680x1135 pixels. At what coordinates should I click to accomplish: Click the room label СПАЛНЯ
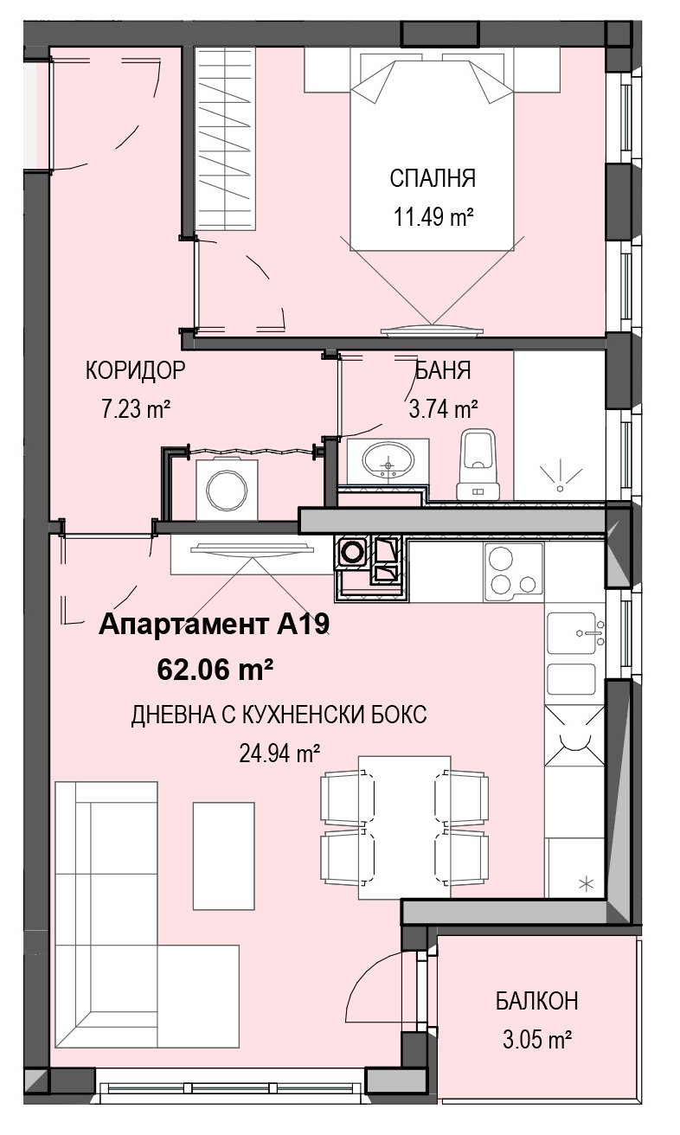[433, 178]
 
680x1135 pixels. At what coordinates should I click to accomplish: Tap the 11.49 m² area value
[433, 217]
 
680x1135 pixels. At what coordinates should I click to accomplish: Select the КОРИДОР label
[135, 370]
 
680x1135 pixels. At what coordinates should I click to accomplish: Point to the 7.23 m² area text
[135, 408]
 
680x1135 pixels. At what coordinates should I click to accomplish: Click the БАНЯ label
[443, 370]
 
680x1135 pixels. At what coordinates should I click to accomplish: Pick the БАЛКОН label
[537, 1001]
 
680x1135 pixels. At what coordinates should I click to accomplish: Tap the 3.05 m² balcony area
[537, 1040]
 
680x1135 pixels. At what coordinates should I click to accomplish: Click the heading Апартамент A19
[215, 625]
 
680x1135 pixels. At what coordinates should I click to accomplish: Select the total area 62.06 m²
[215, 670]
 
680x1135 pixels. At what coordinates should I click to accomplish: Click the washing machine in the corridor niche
[227, 490]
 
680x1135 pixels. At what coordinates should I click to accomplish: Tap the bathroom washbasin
[388, 461]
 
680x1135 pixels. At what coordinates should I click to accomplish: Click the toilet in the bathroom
[478, 465]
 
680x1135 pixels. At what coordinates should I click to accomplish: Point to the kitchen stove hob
[514, 572]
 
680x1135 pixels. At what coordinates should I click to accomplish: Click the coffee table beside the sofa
[223, 856]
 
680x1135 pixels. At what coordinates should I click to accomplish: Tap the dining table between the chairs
[404, 827]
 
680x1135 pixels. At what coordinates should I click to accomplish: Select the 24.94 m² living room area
[279, 754]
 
